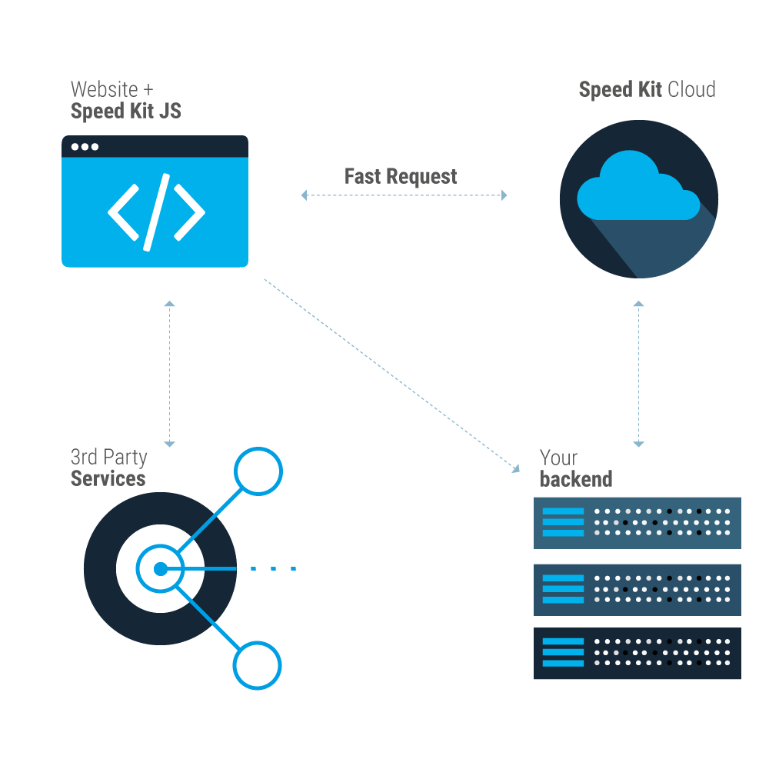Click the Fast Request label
[x=401, y=176]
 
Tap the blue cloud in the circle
[x=637, y=188]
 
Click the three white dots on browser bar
[x=85, y=147]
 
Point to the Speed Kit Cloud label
[x=647, y=89]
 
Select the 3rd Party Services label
[x=108, y=468]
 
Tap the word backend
[x=576, y=479]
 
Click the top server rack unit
[x=637, y=522]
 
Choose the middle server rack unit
[x=637, y=589]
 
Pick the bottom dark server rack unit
[x=637, y=653]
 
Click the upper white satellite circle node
[x=258, y=471]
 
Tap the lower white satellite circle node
[x=258, y=666]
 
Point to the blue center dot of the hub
[x=160, y=569]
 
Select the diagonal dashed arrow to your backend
[x=392, y=373]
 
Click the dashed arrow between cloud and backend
[x=638, y=374]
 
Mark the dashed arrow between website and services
[x=169, y=374]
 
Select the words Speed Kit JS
[x=125, y=111]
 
